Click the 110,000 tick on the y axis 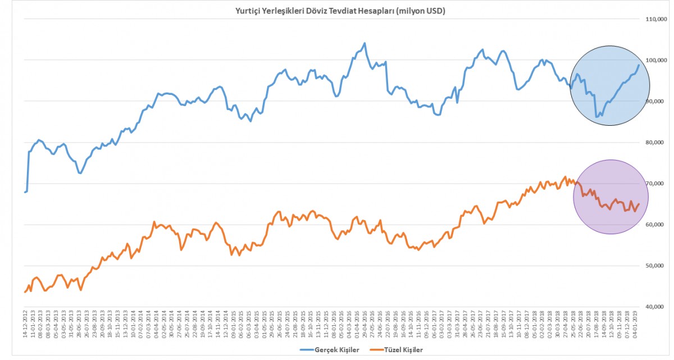tap(655, 19)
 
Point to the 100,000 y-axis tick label tap(655, 60)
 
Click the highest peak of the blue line tap(365, 43)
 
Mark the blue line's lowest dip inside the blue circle tap(596, 117)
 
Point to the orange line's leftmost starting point tap(25, 292)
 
